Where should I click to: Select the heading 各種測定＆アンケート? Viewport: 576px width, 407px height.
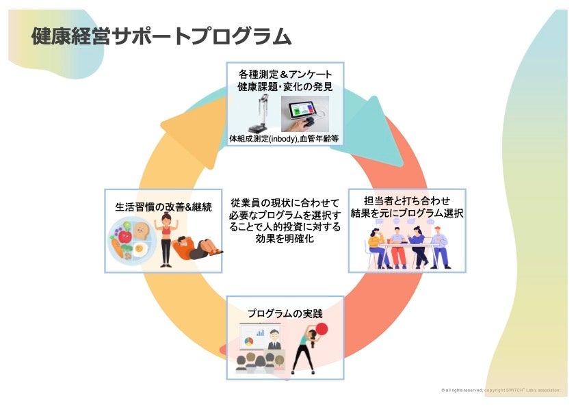285,74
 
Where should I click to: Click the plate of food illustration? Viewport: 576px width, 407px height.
131,244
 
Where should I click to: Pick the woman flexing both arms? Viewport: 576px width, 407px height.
165,239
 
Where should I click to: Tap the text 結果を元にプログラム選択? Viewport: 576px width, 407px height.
407,213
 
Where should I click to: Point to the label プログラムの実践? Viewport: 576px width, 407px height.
285,313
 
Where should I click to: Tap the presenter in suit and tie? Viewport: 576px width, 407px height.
273,342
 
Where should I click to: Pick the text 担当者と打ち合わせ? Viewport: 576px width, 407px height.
407,200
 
